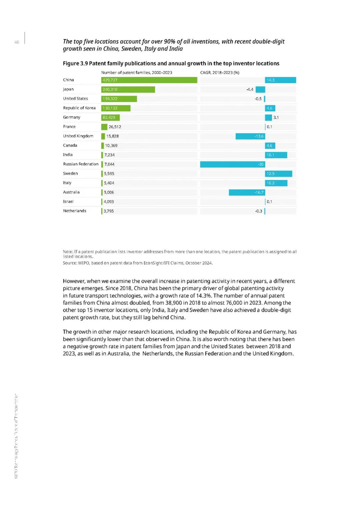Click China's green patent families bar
[149, 80]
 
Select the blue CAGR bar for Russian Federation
[232, 164]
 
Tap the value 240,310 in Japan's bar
[110, 90]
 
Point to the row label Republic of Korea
[79, 108]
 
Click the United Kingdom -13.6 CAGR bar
[250, 136]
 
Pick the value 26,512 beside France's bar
[115, 127]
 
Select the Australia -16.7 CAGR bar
[247, 192]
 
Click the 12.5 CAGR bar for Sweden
[278, 174]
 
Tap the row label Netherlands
[75, 211]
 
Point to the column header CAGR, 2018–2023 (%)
[220, 73]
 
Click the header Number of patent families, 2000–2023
[137, 73]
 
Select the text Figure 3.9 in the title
[75, 63]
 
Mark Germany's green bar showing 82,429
[110, 118]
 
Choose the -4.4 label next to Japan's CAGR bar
[250, 90]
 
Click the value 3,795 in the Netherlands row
[109, 211]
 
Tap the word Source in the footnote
[69, 263]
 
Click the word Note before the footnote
[68, 252]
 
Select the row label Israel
[68, 202]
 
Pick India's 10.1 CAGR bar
[276, 155]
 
